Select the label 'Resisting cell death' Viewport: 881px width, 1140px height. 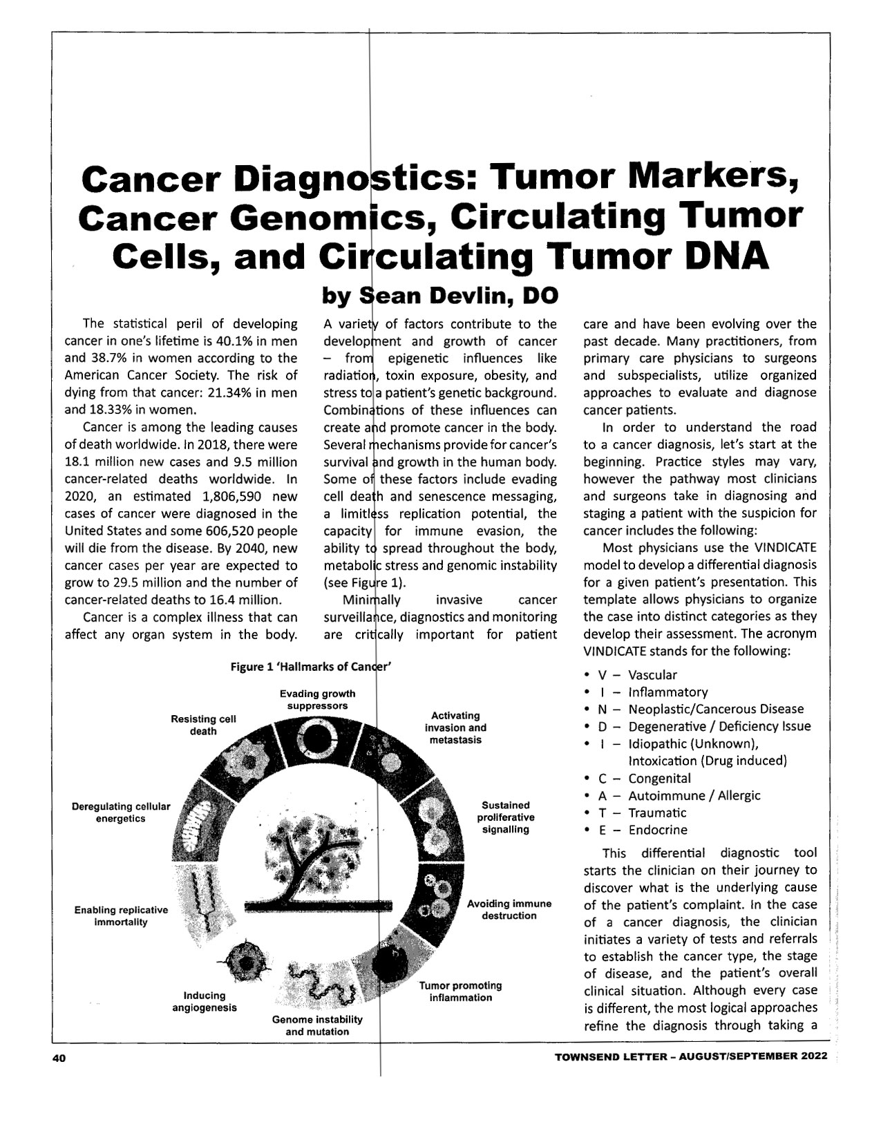click(x=203, y=725)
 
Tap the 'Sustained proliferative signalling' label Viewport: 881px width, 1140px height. click(x=506, y=817)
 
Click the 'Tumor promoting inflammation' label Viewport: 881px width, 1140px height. click(x=460, y=991)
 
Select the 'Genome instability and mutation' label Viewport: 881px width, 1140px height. click(x=317, y=1026)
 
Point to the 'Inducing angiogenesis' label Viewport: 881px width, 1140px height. click(x=205, y=1001)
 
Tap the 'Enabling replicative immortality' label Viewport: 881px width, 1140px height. click(x=121, y=915)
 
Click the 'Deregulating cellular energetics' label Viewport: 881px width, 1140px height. click(x=120, y=813)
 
